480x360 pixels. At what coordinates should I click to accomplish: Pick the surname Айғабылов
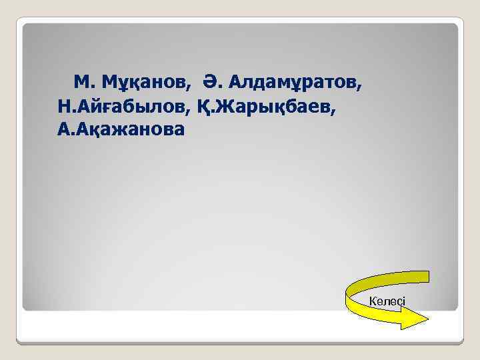(x=135, y=105)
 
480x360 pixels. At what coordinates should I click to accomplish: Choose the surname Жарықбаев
(x=275, y=105)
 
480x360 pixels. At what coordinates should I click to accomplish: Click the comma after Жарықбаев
(x=335, y=109)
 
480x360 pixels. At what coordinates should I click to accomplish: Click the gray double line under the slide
(x=240, y=343)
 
